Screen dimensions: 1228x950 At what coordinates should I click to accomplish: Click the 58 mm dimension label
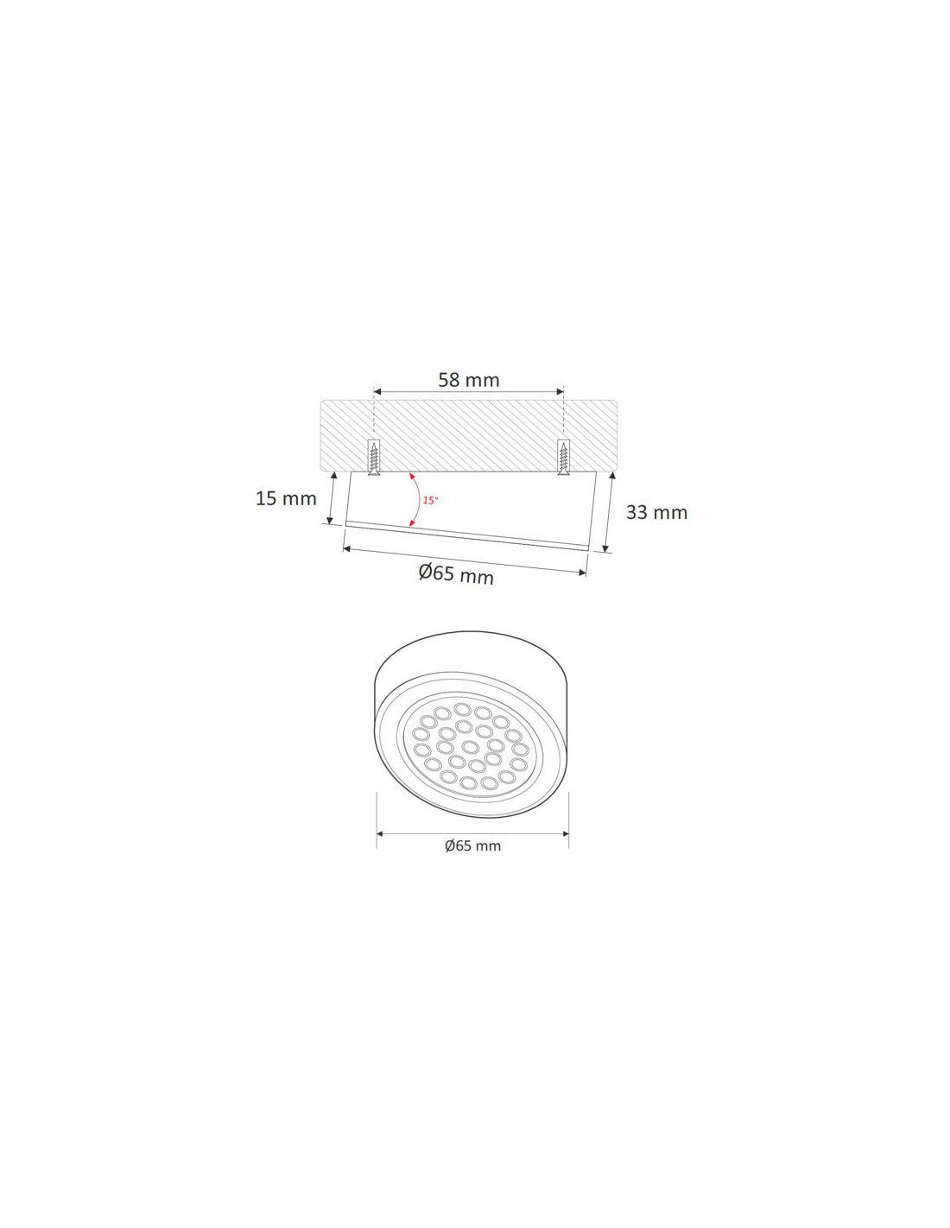(x=468, y=380)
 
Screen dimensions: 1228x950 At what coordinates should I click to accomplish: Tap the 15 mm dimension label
(x=286, y=498)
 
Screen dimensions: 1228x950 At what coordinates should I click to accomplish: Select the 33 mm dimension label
(x=656, y=512)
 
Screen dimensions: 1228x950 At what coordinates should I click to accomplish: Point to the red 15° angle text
(x=430, y=500)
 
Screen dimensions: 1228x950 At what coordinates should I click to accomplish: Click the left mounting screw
(x=374, y=457)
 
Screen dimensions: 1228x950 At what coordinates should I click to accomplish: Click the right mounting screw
(x=563, y=457)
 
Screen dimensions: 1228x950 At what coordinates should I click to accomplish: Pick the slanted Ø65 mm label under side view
(x=456, y=573)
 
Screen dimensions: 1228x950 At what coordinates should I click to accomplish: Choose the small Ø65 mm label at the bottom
(x=472, y=846)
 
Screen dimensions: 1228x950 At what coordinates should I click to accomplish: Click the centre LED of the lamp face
(x=470, y=747)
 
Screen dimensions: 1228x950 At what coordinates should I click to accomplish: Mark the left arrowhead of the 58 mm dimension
(x=377, y=391)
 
